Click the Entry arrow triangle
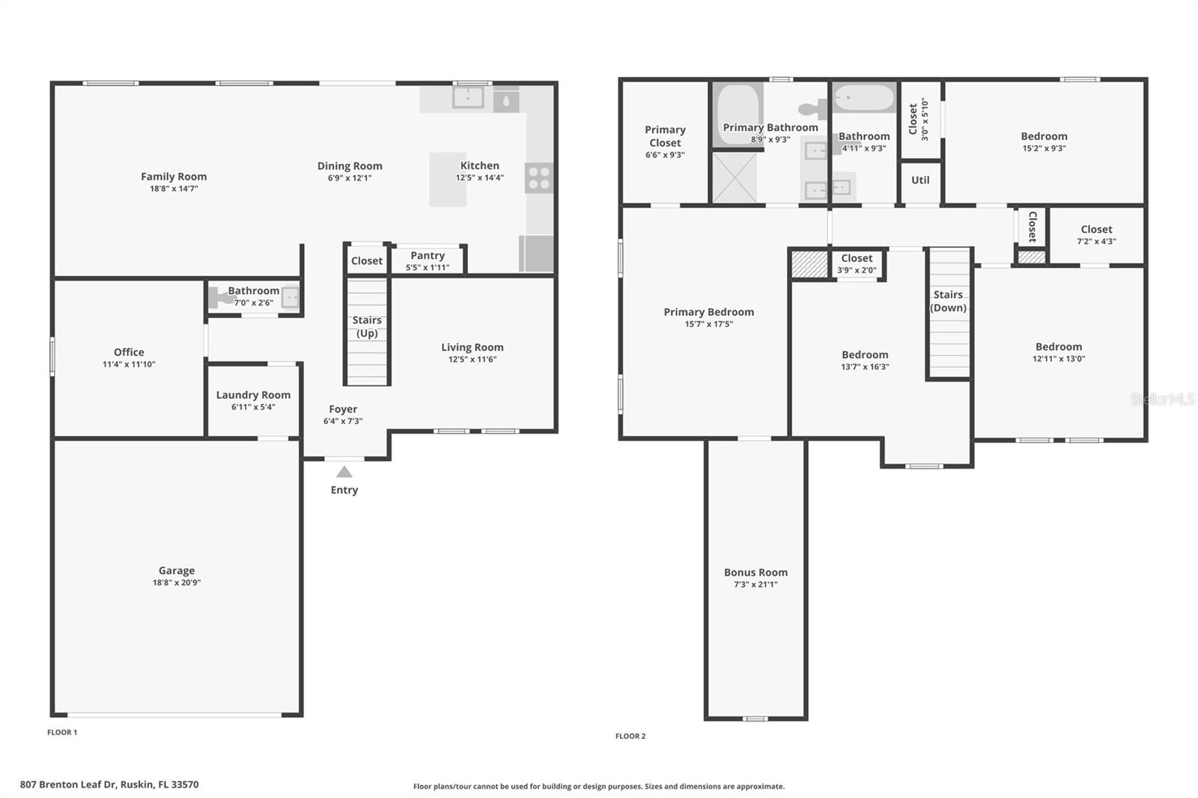pos(344,472)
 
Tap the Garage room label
pos(176,570)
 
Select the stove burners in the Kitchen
pos(539,178)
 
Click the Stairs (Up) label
pos(367,326)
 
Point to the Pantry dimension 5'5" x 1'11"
pos(428,267)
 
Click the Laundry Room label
pos(253,395)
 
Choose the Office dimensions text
pos(129,365)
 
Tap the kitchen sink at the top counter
pos(469,97)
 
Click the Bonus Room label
pos(755,572)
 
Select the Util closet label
pos(920,180)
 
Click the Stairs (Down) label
pos(948,301)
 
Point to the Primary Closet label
pos(665,135)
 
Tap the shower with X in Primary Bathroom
pos(734,177)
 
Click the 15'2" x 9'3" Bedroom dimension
pos(1044,148)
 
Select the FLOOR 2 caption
pos(630,736)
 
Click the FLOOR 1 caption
pos(62,732)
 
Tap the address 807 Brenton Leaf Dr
pos(109,785)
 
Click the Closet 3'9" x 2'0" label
pos(857,258)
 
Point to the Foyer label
pos(343,409)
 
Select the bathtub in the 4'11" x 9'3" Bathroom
pos(864,98)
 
